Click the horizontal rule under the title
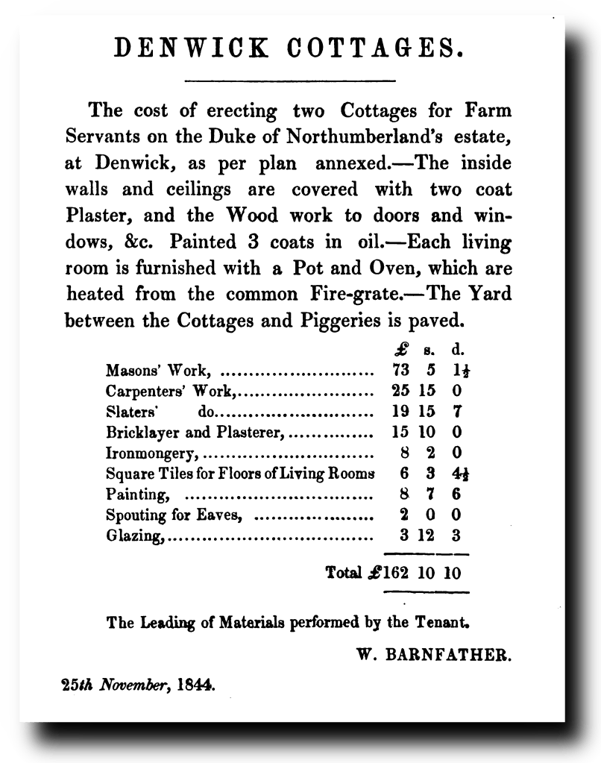tap(289, 79)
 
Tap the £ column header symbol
tap(400, 348)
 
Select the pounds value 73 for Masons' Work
tap(401, 369)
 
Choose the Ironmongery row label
tap(152, 452)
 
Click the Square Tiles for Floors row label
tap(239, 473)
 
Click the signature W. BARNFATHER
tap(435, 654)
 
